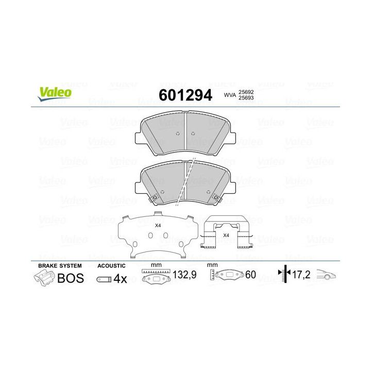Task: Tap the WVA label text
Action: coord(229,95)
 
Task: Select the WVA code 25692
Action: coord(246,91)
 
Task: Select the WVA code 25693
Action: coord(246,98)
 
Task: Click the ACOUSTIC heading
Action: coord(111,265)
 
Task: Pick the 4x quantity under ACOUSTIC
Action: coord(120,279)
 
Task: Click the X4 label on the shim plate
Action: coord(158,226)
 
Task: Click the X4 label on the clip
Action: coord(226,235)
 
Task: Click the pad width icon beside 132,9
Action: coord(155,277)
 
